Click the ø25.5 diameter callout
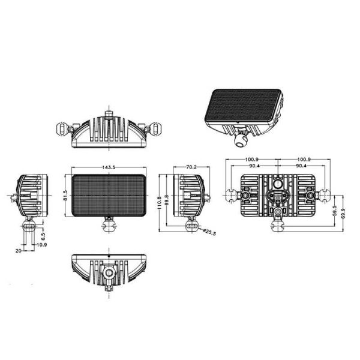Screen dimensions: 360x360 [209, 231]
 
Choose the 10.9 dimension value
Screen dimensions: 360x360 [42, 245]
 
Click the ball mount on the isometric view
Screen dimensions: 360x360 [241, 140]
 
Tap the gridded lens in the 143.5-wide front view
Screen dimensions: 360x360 [109, 195]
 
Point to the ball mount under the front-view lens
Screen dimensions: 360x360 [109, 225]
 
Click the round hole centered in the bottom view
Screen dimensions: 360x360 [108, 274]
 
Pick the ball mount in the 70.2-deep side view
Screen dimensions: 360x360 [192, 225]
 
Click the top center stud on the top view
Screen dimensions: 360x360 [108, 113]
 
